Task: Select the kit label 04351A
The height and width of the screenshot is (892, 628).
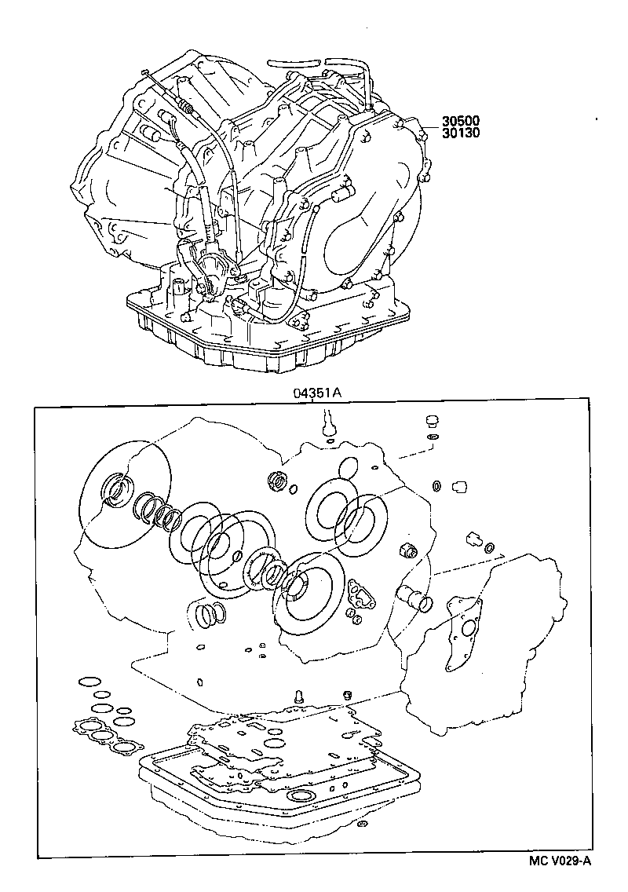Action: (x=316, y=396)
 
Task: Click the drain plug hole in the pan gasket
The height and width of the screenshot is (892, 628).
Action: (x=300, y=799)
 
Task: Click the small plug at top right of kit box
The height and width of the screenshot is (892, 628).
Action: (x=430, y=419)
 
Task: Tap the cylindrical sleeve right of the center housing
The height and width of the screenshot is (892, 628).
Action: (x=414, y=598)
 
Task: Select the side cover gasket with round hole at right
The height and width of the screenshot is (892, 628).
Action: (x=464, y=620)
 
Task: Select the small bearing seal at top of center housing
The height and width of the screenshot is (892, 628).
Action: (x=276, y=480)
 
